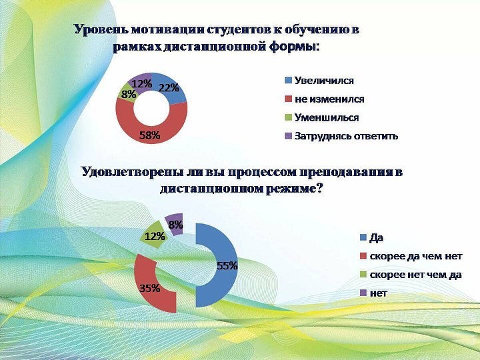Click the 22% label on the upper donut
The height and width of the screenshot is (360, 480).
(x=169, y=88)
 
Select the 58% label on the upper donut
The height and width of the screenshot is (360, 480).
(x=149, y=135)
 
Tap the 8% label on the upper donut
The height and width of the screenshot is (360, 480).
(x=129, y=94)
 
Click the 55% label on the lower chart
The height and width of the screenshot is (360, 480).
(x=227, y=266)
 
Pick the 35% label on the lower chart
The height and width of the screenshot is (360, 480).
(x=150, y=288)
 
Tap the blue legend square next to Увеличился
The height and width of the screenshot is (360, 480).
(x=288, y=80)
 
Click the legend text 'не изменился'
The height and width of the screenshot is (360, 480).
(x=329, y=99)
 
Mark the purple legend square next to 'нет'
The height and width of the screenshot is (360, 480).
(x=363, y=293)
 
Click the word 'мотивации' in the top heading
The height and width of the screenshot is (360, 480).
(x=168, y=30)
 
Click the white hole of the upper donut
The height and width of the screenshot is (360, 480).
(x=151, y=108)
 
